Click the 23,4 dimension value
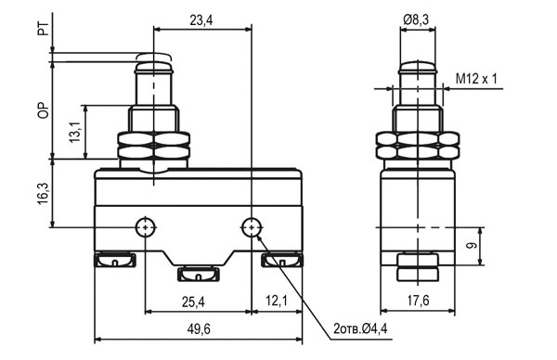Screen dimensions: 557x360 (201, 20)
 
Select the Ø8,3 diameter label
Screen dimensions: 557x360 (416, 19)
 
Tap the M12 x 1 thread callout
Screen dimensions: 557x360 (476, 79)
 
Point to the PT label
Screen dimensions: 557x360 (43, 29)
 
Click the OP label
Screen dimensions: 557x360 (43, 110)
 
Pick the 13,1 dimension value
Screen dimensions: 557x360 (75, 132)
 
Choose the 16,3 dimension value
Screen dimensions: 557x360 (43, 194)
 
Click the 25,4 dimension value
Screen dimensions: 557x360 (193, 302)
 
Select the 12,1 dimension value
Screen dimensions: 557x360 (277, 301)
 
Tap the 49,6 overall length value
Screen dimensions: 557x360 (199, 329)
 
